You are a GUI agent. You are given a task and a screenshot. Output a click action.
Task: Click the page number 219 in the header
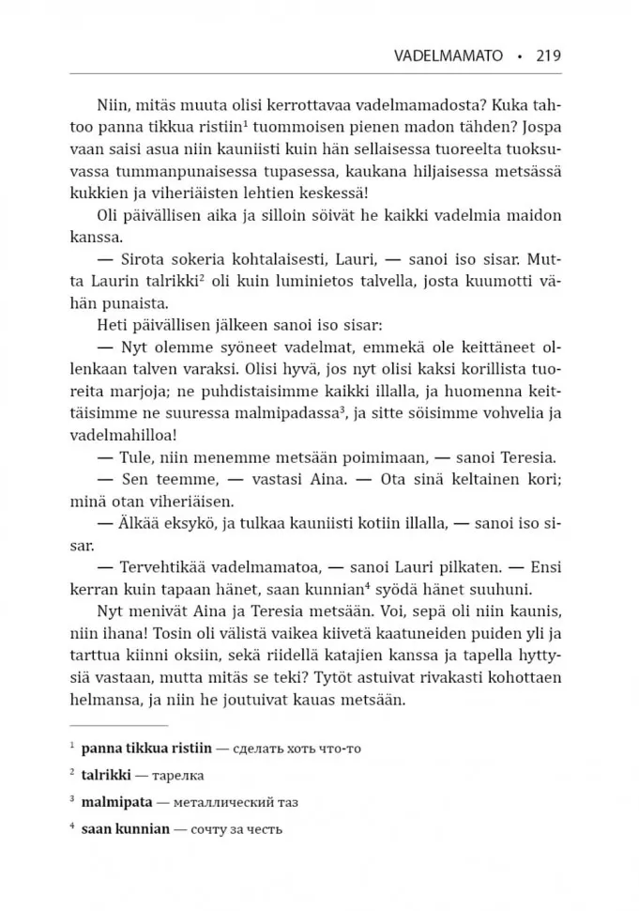tap(548, 55)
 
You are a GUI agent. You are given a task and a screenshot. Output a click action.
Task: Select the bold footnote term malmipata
tap(117, 803)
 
